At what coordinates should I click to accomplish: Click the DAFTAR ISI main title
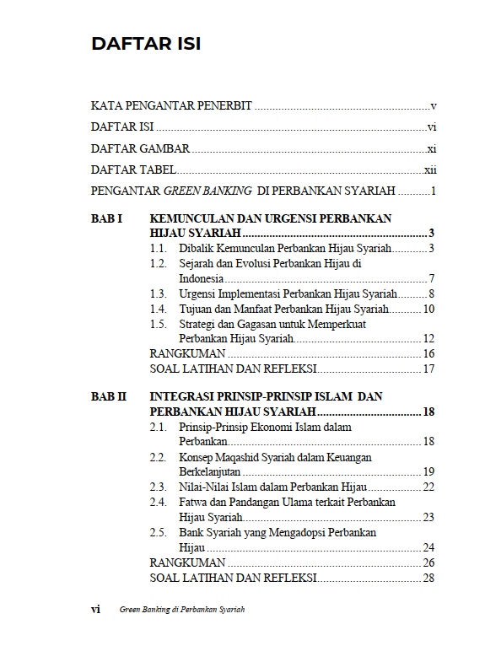click(146, 44)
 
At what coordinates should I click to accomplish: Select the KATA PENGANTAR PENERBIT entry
click(171, 106)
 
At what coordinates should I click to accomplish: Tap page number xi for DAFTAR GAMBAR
click(430, 148)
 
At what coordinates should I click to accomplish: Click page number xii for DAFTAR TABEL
click(429, 170)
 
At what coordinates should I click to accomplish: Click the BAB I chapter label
click(107, 218)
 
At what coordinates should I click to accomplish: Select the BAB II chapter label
click(109, 396)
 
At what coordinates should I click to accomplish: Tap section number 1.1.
click(158, 248)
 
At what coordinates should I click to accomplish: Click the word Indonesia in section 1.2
click(201, 278)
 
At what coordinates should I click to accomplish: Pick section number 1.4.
click(158, 309)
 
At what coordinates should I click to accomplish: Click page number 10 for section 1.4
click(428, 309)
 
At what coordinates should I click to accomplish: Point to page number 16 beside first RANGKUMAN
click(428, 353)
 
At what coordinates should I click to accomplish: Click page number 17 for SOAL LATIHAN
click(428, 369)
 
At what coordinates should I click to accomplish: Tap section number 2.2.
click(158, 457)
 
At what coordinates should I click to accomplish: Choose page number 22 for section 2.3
click(428, 487)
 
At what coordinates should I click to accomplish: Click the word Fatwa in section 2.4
click(193, 502)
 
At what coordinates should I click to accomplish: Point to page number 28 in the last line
click(428, 578)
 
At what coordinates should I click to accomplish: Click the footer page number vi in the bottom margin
click(96, 609)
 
